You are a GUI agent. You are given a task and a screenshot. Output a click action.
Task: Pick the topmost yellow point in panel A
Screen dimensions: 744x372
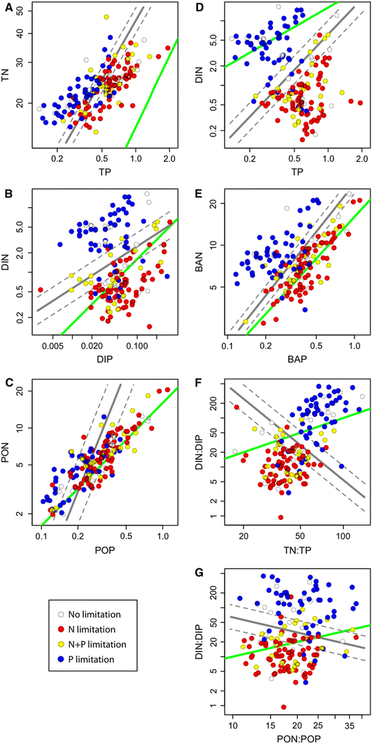click(106, 16)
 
